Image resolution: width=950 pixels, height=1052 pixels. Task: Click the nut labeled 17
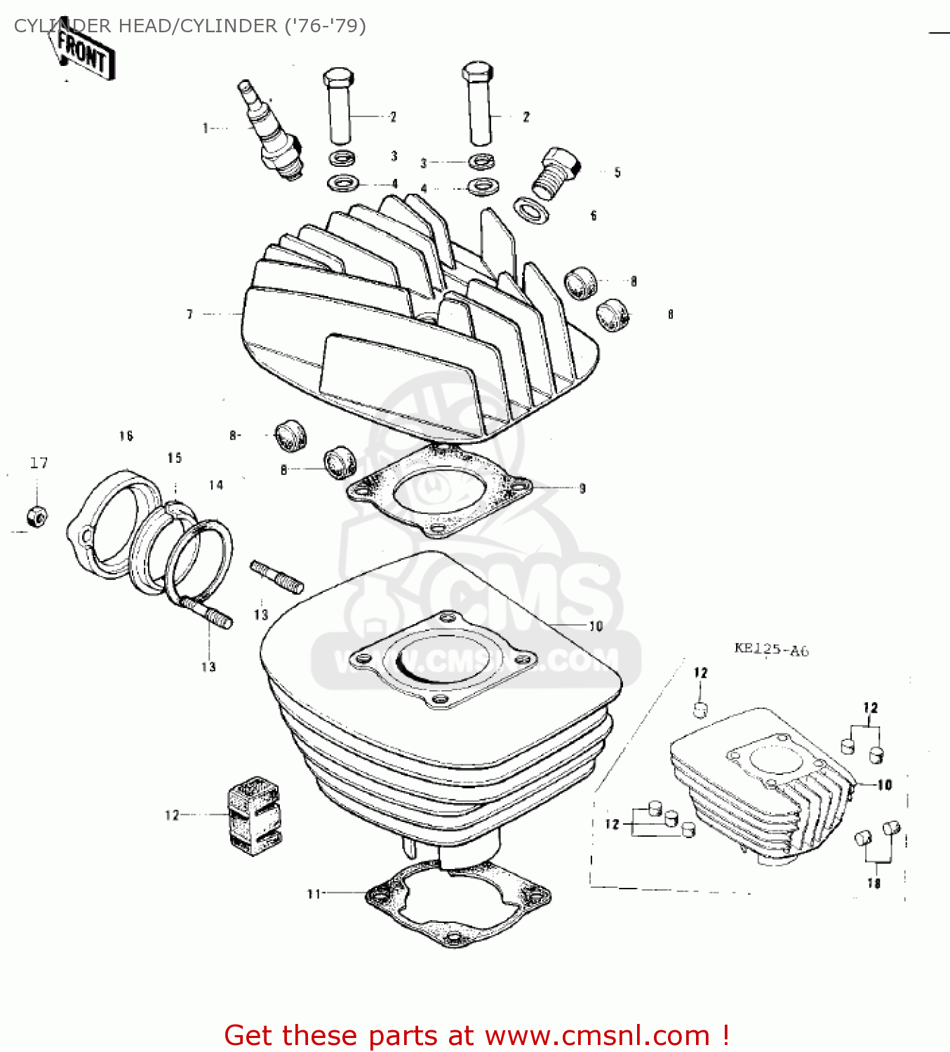click(36, 517)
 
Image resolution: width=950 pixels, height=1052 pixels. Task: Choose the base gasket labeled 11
click(457, 905)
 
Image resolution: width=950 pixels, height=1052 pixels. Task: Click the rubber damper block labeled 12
click(253, 815)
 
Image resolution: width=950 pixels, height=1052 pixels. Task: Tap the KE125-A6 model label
click(771, 649)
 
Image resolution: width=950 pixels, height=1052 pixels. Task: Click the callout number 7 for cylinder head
click(189, 314)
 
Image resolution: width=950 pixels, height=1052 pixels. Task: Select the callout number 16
click(126, 436)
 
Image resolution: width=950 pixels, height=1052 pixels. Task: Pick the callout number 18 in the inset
click(874, 884)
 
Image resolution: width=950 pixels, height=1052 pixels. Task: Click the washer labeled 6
click(531, 210)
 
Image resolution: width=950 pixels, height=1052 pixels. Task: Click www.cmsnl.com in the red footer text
click(597, 1036)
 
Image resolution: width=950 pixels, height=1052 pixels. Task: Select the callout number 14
click(216, 485)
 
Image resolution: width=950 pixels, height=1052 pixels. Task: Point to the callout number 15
click(175, 458)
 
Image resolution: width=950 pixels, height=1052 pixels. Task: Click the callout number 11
click(314, 893)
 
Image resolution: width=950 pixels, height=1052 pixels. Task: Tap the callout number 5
click(617, 173)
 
